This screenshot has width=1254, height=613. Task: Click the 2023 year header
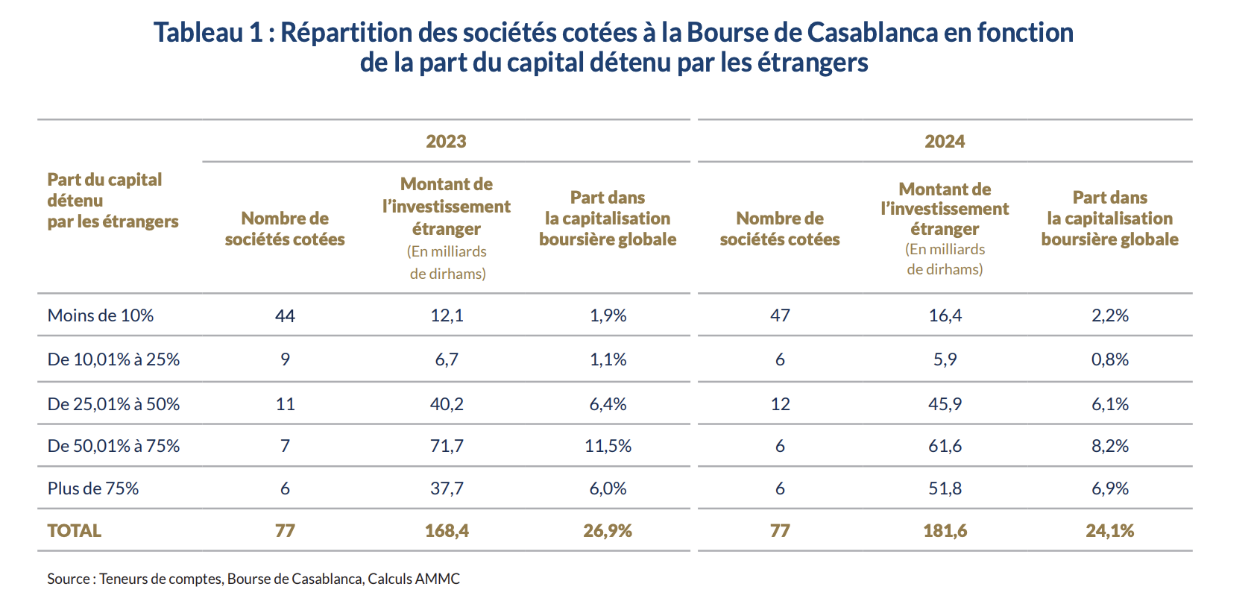pyautogui.click(x=446, y=142)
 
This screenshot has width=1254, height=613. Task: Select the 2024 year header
pyautogui.click(x=945, y=142)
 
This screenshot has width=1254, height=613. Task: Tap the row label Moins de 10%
pyautogui.click(x=101, y=315)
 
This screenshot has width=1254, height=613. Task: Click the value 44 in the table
pyautogui.click(x=285, y=316)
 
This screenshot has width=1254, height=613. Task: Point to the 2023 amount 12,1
pyautogui.click(x=447, y=315)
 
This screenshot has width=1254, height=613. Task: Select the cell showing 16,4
pyautogui.click(x=945, y=315)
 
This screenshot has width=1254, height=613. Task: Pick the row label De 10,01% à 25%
pyautogui.click(x=113, y=359)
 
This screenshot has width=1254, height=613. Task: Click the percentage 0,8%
pyautogui.click(x=1109, y=359)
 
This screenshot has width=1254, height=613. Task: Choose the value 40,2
pyautogui.click(x=447, y=404)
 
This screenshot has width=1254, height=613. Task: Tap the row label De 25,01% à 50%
pyautogui.click(x=113, y=404)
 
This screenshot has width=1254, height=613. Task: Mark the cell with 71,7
pyautogui.click(x=447, y=446)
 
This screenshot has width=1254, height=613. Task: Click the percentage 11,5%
pyautogui.click(x=608, y=446)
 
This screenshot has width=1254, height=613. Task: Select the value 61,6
pyautogui.click(x=945, y=446)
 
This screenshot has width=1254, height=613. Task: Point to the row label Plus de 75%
pyautogui.click(x=93, y=488)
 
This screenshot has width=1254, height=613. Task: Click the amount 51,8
pyautogui.click(x=945, y=488)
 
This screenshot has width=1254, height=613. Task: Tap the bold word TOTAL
pyautogui.click(x=75, y=531)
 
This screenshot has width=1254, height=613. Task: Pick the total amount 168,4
pyautogui.click(x=447, y=531)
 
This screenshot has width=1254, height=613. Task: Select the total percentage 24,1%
pyautogui.click(x=1109, y=531)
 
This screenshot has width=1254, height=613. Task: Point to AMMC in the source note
pyautogui.click(x=438, y=579)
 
